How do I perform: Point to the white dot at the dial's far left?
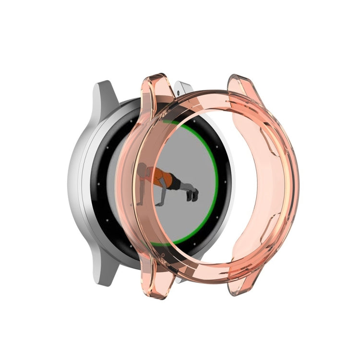pyautogui.click(x=96, y=183)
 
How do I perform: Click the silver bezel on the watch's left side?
pyautogui.click(x=77, y=182)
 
